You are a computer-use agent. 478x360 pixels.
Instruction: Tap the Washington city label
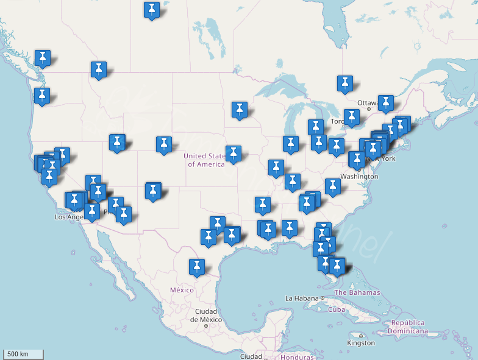click(x=359, y=176)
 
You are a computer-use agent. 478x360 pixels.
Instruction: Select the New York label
click(x=380, y=158)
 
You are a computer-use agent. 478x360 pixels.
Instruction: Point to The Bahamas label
click(x=357, y=292)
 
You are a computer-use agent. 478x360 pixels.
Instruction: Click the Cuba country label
click(x=337, y=309)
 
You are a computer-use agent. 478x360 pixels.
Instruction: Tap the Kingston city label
click(x=361, y=343)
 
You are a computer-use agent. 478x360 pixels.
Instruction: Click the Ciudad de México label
click(x=205, y=316)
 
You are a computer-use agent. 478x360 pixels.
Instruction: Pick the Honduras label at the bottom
click(x=297, y=356)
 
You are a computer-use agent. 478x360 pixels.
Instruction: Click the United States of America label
click(x=205, y=160)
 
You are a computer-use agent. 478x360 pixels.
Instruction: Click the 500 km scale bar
click(x=24, y=354)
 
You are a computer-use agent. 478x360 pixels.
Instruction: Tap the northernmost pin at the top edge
click(x=152, y=10)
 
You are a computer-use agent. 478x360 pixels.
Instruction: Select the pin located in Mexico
click(x=196, y=266)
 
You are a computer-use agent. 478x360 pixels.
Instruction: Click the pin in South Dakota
click(x=240, y=110)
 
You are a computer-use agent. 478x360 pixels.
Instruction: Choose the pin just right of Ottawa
click(x=385, y=102)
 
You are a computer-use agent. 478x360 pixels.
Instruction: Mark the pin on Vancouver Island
click(x=42, y=58)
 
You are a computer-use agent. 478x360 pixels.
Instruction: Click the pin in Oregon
click(x=42, y=96)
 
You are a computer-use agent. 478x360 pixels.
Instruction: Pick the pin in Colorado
click(x=163, y=144)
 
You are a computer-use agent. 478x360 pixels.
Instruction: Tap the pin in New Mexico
click(x=153, y=191)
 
